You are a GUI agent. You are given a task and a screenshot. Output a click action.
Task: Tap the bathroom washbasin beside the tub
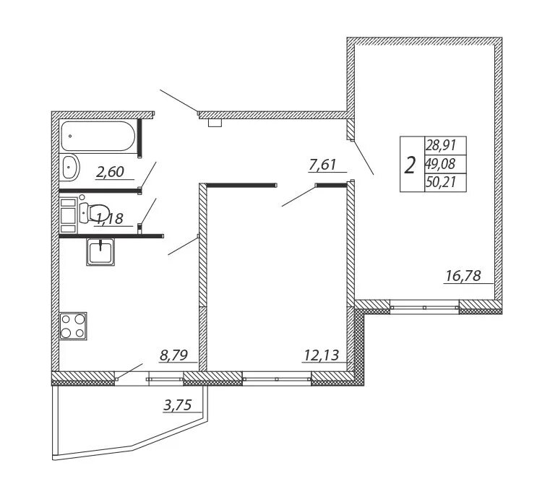pyautogui.click(x=70, y=168)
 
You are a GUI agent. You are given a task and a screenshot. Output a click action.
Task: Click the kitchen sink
pyautogui.click(x=100, y=252)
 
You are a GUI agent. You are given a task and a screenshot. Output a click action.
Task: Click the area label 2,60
pyautogui.click(x=110, y=172)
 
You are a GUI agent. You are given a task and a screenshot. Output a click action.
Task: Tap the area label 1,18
pyautogui.click(x=108, y=219)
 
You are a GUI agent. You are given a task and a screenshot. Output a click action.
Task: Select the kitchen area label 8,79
pyautogui.click(x=174, y=355)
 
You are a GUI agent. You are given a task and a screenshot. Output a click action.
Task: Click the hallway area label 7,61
pyautogui.click(x=323, y=165)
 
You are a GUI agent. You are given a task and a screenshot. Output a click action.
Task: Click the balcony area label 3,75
pyautogui.click(x=177, y=406)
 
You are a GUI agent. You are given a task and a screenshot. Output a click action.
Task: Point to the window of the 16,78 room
pyautogui.click(x=424, y=307)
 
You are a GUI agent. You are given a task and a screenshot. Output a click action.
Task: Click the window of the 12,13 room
pyautogui.click(x=276, y=376)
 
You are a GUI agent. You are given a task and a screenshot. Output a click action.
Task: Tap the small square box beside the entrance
pyautogui.click(x=215, y=122)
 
